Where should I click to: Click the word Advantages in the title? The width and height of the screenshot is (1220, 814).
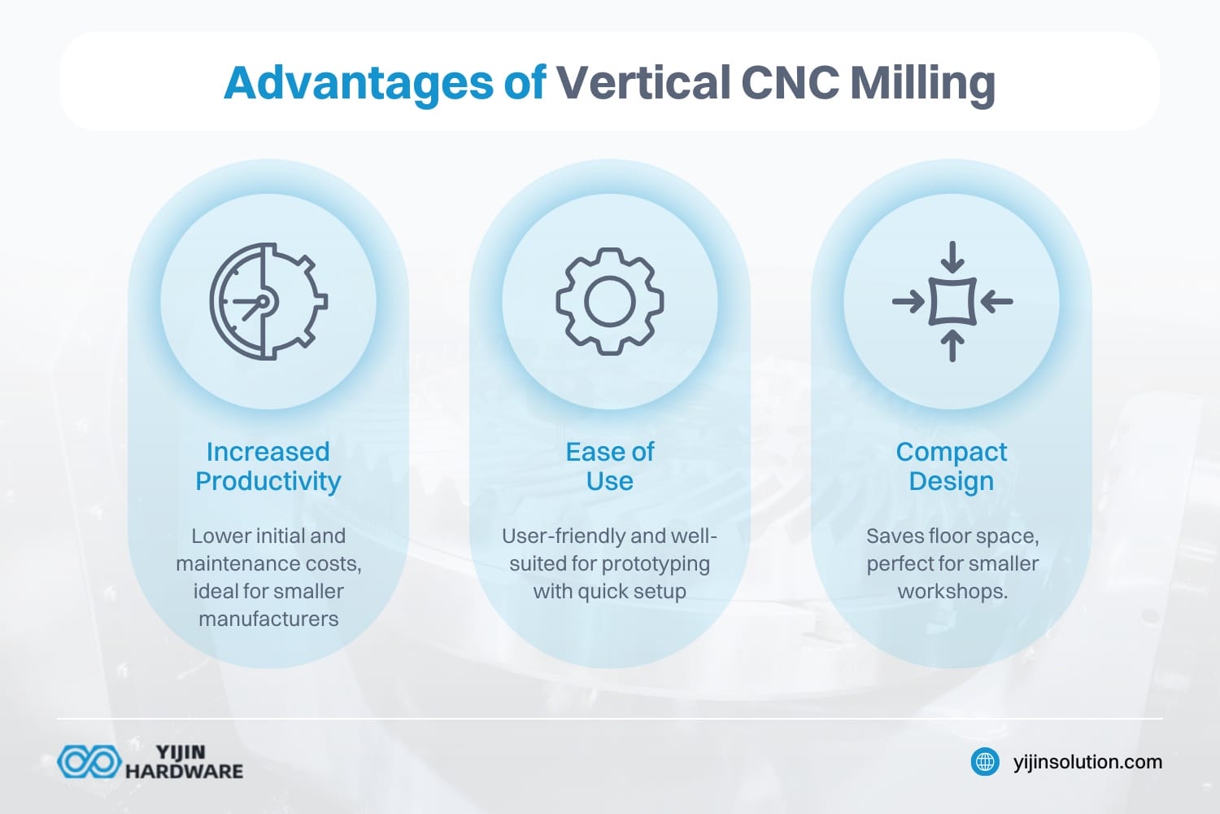[x=358, y=83]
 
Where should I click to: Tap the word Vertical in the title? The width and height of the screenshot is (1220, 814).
[x=643, y=83]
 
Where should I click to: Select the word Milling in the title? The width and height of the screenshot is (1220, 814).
[x=922, y=83]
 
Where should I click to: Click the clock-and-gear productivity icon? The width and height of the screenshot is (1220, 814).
[x=268, y=301]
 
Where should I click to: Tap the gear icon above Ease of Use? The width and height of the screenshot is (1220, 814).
[x=610, y=301]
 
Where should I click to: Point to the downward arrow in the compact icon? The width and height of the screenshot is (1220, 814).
[x=952, y=258]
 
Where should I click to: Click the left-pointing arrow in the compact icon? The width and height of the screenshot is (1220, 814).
[x=996, y=302]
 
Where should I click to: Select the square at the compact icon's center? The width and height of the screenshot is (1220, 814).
[x=952, y=302]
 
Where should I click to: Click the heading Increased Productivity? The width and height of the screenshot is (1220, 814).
[x=268, y=466]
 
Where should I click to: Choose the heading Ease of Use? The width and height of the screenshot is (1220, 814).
[x=610, y=466]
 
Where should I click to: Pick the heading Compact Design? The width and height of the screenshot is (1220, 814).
[x=952, y=466]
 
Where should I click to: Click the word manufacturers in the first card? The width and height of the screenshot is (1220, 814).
[x=268, y=619]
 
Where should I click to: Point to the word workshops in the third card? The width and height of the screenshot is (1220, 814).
[x=952, y=592]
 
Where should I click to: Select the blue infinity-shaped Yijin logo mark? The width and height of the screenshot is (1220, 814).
[x=88, y=762]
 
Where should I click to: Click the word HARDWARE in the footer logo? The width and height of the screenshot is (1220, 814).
[x=184, y=771]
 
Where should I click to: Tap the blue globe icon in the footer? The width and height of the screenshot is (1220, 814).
[x=986, y=762]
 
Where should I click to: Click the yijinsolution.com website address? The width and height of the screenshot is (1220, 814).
[x=1087, y=762]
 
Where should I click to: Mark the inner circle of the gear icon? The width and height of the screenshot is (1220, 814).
[x=610, y=301]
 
